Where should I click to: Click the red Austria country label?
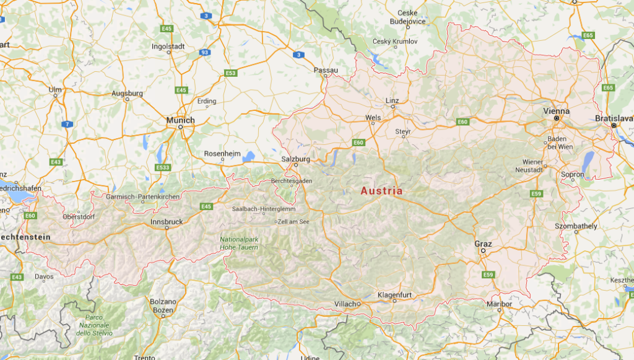click(x=381, y=191)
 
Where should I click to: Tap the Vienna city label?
click(x=556, y=111)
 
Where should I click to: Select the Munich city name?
click(x=180, y=120)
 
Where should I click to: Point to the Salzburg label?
click(x=295, y=159)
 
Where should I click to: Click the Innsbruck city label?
click(x=167, y=222)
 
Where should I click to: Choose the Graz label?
click(x=483, y=244)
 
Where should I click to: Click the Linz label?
click(x=393, y=100)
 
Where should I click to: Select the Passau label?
click(x=326, y=70)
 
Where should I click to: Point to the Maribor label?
click(x=500, y=304)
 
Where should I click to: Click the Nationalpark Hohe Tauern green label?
click(x=239, y=244)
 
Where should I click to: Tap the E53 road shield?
click(x=231, y=73)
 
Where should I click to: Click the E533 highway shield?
click(x=163, y=167)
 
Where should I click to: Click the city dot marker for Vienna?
click(x=556, y=118)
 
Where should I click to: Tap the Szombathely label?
click(x=576, y=226)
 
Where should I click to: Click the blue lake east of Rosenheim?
click(x=250, y=156)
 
